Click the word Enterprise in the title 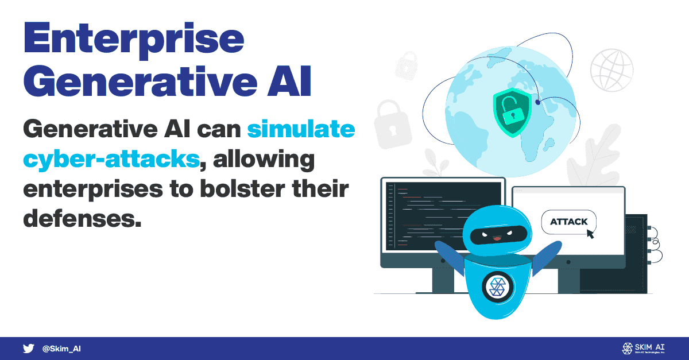134,40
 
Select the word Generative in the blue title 141,82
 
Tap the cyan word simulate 301,129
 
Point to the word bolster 242,189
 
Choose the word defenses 82,219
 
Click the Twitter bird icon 29,349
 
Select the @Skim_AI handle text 61,349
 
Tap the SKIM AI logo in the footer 643,349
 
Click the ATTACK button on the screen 569,222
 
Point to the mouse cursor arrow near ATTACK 590,234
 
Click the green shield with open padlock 512,113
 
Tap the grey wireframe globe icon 611,71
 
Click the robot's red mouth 497,238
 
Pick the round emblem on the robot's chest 497,287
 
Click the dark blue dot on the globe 537,102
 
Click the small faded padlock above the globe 407,66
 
